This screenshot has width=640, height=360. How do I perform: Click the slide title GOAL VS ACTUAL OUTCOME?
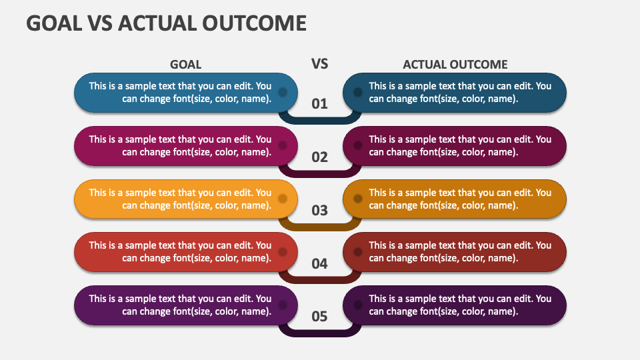tap(166, 23)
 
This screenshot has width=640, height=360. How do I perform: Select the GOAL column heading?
tap(186, 65)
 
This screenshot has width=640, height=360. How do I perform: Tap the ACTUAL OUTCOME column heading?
tap(455, 65)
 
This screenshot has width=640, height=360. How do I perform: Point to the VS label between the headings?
tap(319, 64)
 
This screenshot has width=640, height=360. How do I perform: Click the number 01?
tap(319, 104)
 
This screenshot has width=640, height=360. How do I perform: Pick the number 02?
tap(319, 157)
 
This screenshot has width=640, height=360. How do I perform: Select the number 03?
tap(319, 210)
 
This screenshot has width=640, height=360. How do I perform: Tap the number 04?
tap(319, 264)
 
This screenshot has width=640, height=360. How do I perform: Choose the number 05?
tap(319, 316)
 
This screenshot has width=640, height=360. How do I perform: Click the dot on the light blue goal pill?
tap(283, 92)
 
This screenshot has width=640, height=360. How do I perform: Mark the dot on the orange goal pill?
tap(283, 199)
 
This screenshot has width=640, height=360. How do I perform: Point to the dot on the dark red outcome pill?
tap(357, 252)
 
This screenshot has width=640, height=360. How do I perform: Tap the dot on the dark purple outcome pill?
tap(357, 305)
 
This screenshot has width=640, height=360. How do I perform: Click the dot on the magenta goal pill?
tap(283, 145)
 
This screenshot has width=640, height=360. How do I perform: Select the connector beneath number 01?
tap(319, 121)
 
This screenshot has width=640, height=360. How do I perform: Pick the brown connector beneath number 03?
tap(319, 227)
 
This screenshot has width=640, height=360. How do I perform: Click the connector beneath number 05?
tap(319, 333)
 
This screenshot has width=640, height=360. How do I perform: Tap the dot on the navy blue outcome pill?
tap(357, 92)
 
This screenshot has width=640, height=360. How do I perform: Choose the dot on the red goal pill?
tap(283, 252)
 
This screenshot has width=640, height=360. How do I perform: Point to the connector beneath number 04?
tap(319, 280)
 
